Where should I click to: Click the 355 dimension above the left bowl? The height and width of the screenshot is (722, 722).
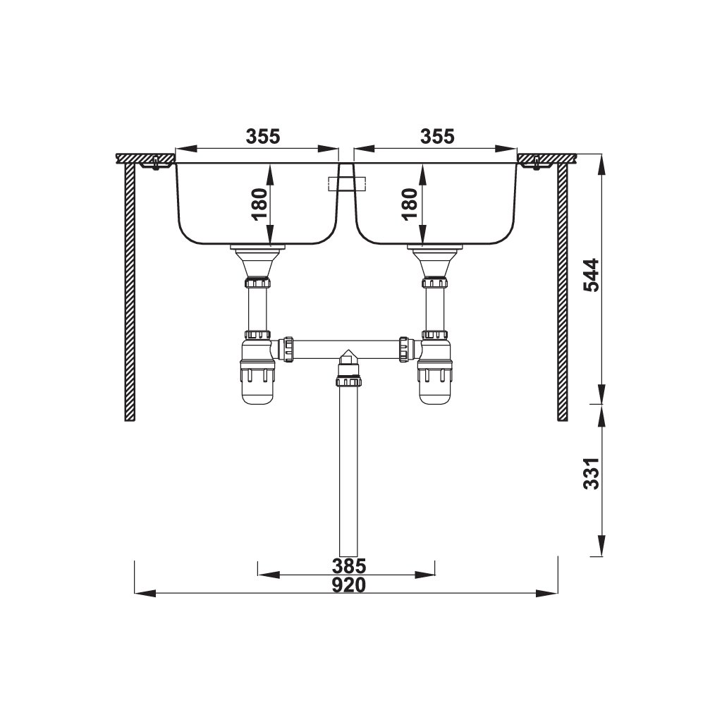point(263,136)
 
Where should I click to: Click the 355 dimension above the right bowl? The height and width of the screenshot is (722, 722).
point(437,136)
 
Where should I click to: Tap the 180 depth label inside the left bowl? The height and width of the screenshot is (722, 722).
point(259,204)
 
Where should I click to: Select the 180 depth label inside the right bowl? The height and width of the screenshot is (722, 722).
point(410,204)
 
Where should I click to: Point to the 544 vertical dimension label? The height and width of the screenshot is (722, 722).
point(592,275)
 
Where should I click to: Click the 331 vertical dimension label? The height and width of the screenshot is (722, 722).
point(592,473)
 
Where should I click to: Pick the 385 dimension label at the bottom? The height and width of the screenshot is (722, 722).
point(349,565)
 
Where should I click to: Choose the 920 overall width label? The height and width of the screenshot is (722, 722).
point(349,585)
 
